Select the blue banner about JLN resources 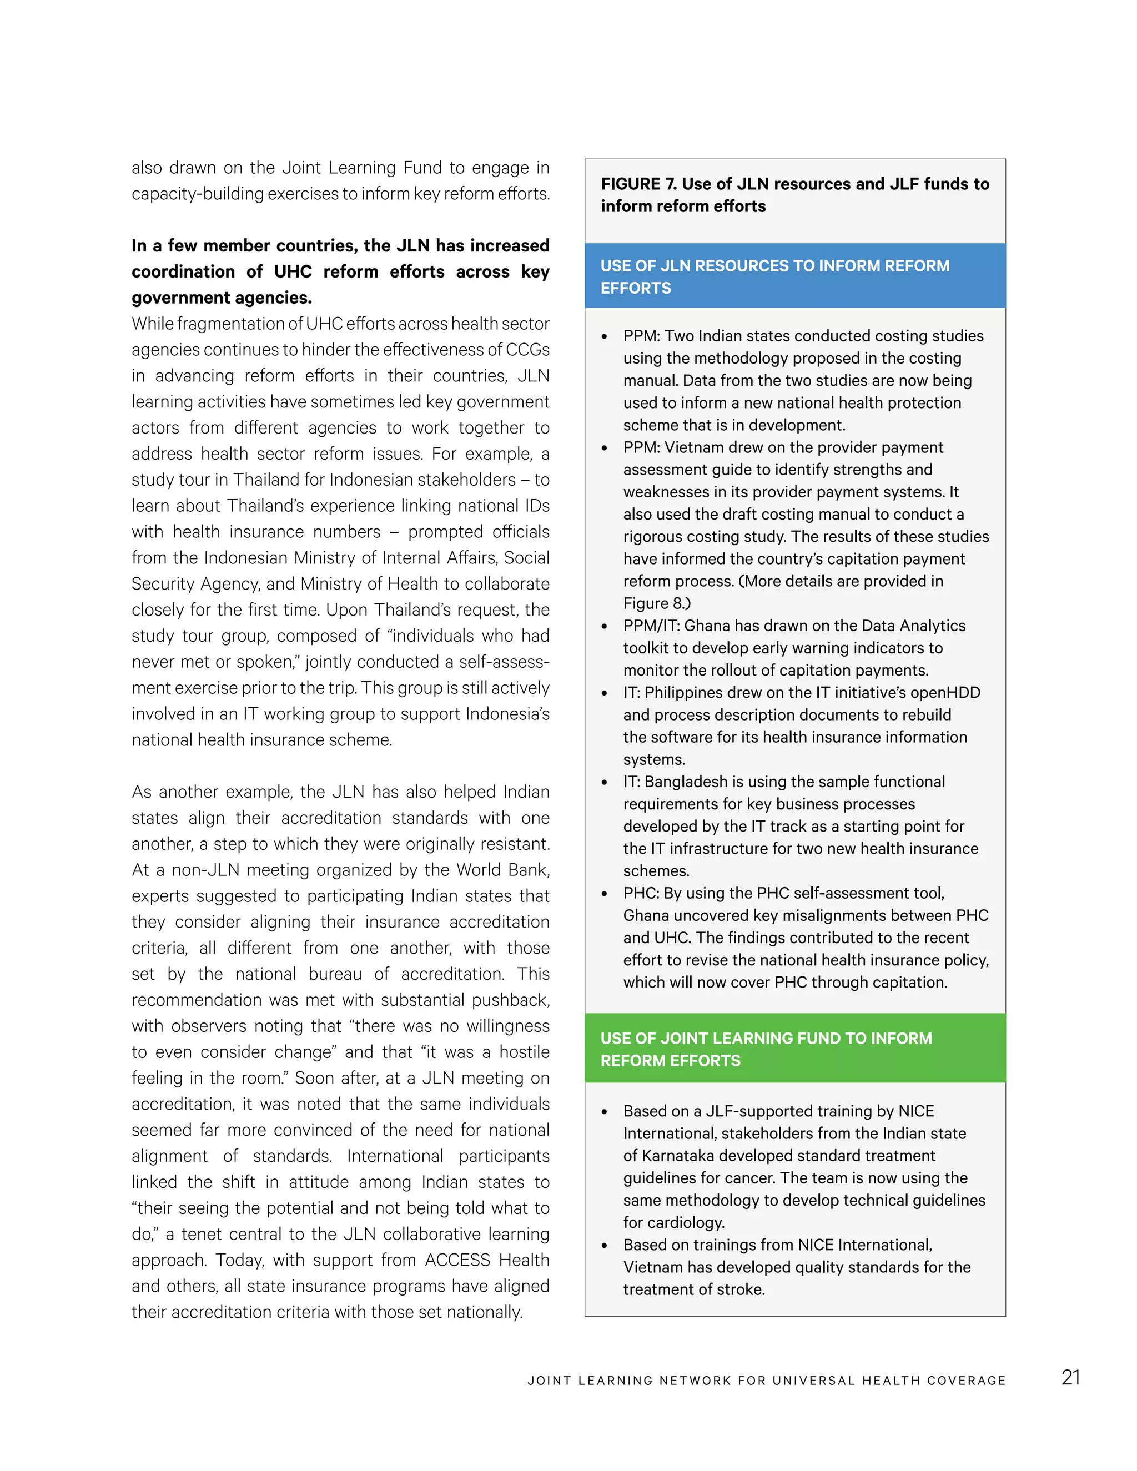click(x=795, y=276)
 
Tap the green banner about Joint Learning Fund click(x=795, y=1049)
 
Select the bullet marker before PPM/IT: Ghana click(x=604, y=626)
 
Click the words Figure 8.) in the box click(x=657, y=603)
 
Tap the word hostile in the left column click(x=525, y=1052)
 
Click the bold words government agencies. click(x=221, y=298)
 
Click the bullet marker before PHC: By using click(x=604, y=894)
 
